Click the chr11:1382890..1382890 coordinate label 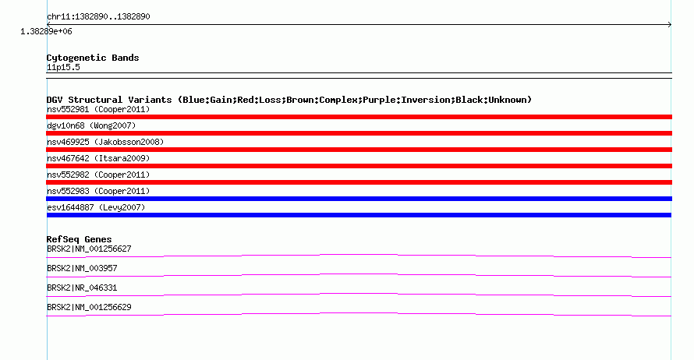pos(98,17)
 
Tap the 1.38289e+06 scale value pos(46,31)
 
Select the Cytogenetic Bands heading pos(93,58)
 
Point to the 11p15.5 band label pos(63,67)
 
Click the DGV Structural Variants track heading pos(289,100)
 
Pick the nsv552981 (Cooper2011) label pos(98,109)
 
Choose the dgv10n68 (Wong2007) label pos(91,125)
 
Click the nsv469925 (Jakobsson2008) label pos(105,142)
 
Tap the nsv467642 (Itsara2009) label pos(98,158)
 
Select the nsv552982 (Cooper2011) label pos(98,175)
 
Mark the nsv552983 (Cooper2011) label pos(98,191)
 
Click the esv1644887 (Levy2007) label pos(96,207)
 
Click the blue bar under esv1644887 pos(359,215)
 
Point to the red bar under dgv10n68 pos(359,133)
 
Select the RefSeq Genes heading pos(80,239)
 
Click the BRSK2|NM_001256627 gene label pos(89,249)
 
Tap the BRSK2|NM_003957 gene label pos(82,269)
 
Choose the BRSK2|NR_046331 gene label pos(82,288)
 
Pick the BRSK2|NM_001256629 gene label pos(89,307)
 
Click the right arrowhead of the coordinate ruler pos(671,25)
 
